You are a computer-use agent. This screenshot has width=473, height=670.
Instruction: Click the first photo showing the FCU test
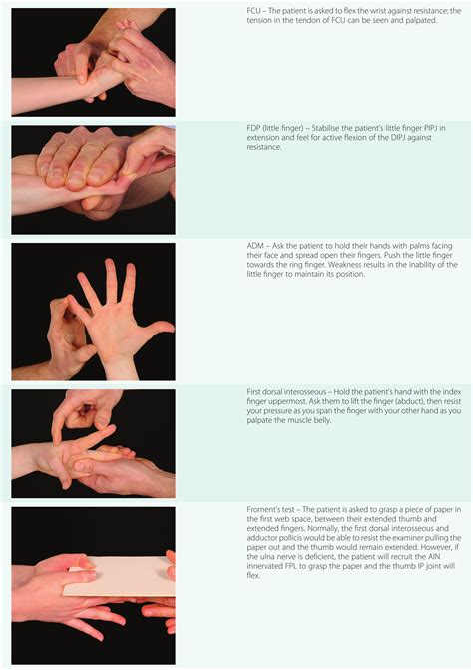[x=92, y=60]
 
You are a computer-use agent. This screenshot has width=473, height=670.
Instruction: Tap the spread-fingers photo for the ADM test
[x=92, y=311]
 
